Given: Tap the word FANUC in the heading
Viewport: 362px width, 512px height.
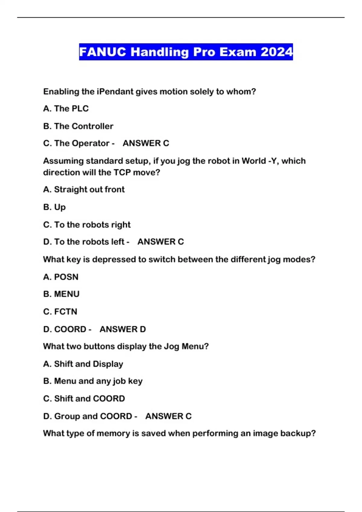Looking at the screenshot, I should (103, 52).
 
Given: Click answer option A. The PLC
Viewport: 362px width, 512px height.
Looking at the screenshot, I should (66, 108).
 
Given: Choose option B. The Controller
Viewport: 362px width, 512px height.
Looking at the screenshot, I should (78, 126).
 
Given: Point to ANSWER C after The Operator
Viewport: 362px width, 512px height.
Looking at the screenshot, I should (146, 143).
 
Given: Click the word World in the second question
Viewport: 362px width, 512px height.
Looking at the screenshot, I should (253, 161).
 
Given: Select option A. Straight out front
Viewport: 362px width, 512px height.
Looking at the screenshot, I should (84, 189).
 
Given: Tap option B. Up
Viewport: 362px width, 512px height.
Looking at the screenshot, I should (54, 207).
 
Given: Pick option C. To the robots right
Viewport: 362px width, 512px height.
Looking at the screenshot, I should (87, 225).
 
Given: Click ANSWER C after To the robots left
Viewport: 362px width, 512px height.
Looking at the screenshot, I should (160, 242).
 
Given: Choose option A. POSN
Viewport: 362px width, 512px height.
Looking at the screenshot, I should (61, 277).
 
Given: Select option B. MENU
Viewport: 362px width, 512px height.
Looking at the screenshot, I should (61, 294).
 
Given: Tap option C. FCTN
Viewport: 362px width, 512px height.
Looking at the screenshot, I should (60, 311).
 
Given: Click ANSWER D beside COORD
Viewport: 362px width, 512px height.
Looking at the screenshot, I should (122, 329).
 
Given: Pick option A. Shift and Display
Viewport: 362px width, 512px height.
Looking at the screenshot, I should (83, 364).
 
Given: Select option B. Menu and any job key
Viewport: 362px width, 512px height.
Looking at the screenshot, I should (93, 381).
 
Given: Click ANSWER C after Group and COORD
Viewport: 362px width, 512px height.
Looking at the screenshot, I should (168, 416).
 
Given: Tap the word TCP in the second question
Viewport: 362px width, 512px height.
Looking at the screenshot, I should (122, 173).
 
